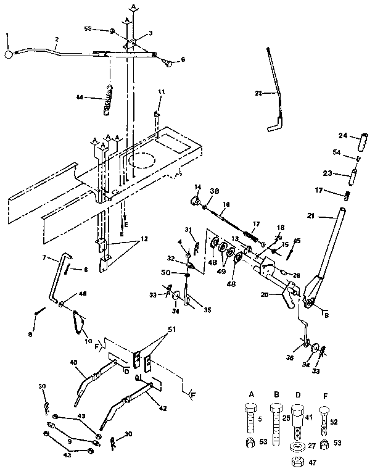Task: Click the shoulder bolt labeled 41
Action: click(296, 420)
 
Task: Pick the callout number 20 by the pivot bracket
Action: click(264, 294)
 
